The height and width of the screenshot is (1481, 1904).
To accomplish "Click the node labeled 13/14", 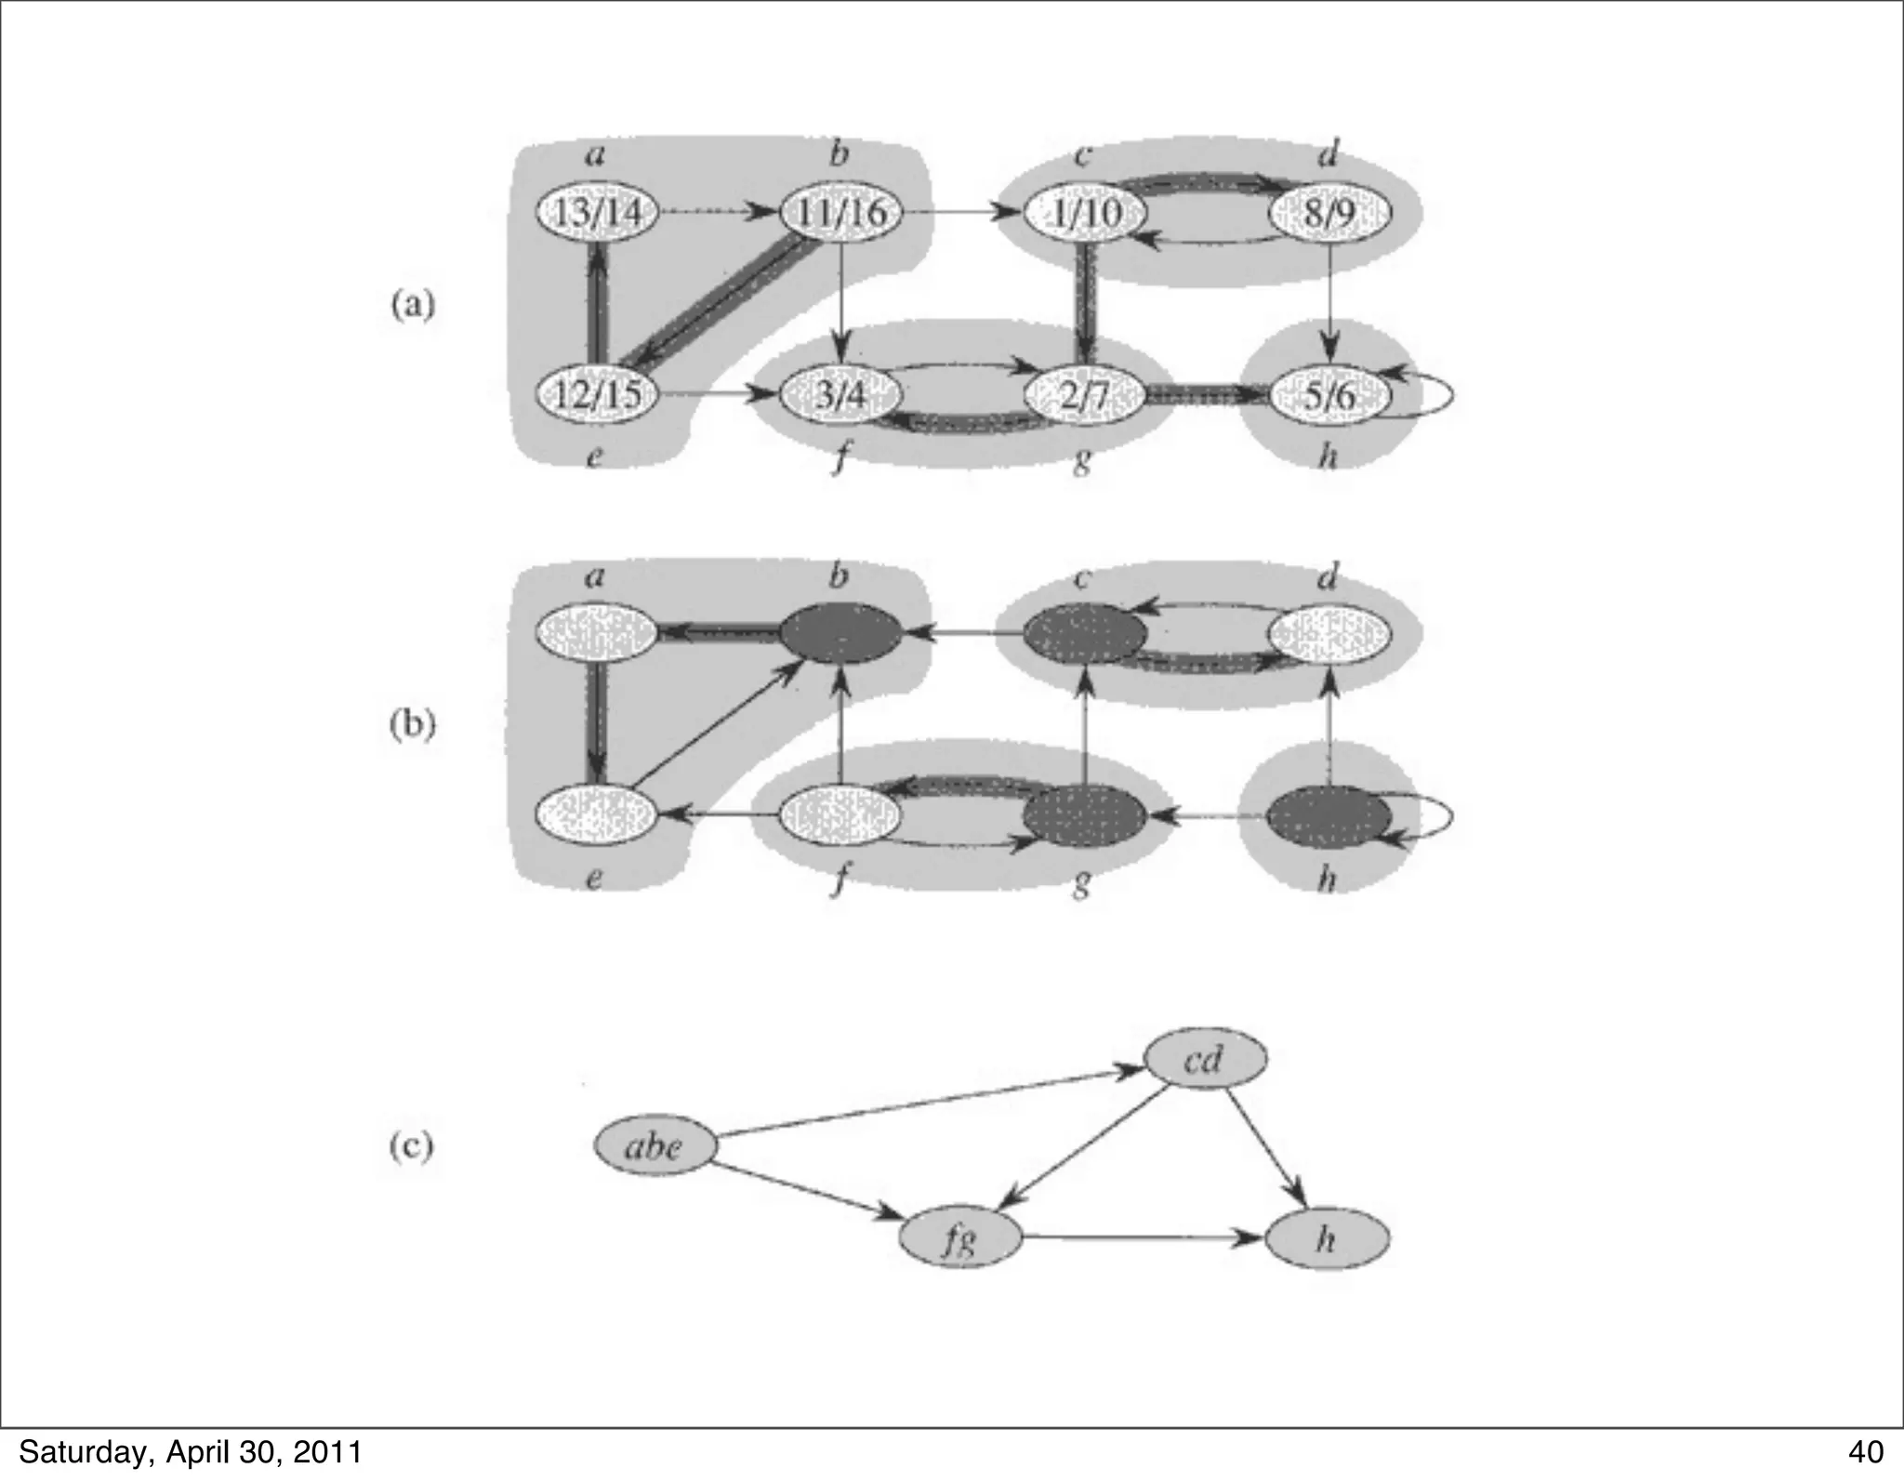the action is click(597, 214).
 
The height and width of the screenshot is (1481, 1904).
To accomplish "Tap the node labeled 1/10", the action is click(1084, 214).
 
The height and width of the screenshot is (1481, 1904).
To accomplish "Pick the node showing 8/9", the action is click(1329, 214).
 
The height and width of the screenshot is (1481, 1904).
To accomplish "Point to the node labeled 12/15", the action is click(597, 395).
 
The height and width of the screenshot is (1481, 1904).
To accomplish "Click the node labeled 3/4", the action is click(840, 395).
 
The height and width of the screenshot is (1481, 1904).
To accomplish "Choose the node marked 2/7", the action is click(1084, 395).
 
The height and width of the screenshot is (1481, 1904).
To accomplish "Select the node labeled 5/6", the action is click(1329, 395).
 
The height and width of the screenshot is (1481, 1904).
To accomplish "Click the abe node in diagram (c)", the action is click(654, 1146).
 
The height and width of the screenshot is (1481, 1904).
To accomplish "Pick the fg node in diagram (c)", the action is click(959, 1238).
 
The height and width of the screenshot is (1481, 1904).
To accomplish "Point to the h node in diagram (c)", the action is click(1329, 1238).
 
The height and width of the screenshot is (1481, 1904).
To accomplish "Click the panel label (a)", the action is click(411, 305).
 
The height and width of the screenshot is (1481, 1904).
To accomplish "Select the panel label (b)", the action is click(411, 724).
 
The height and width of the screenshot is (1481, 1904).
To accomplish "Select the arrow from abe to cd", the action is click(930, 1104).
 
